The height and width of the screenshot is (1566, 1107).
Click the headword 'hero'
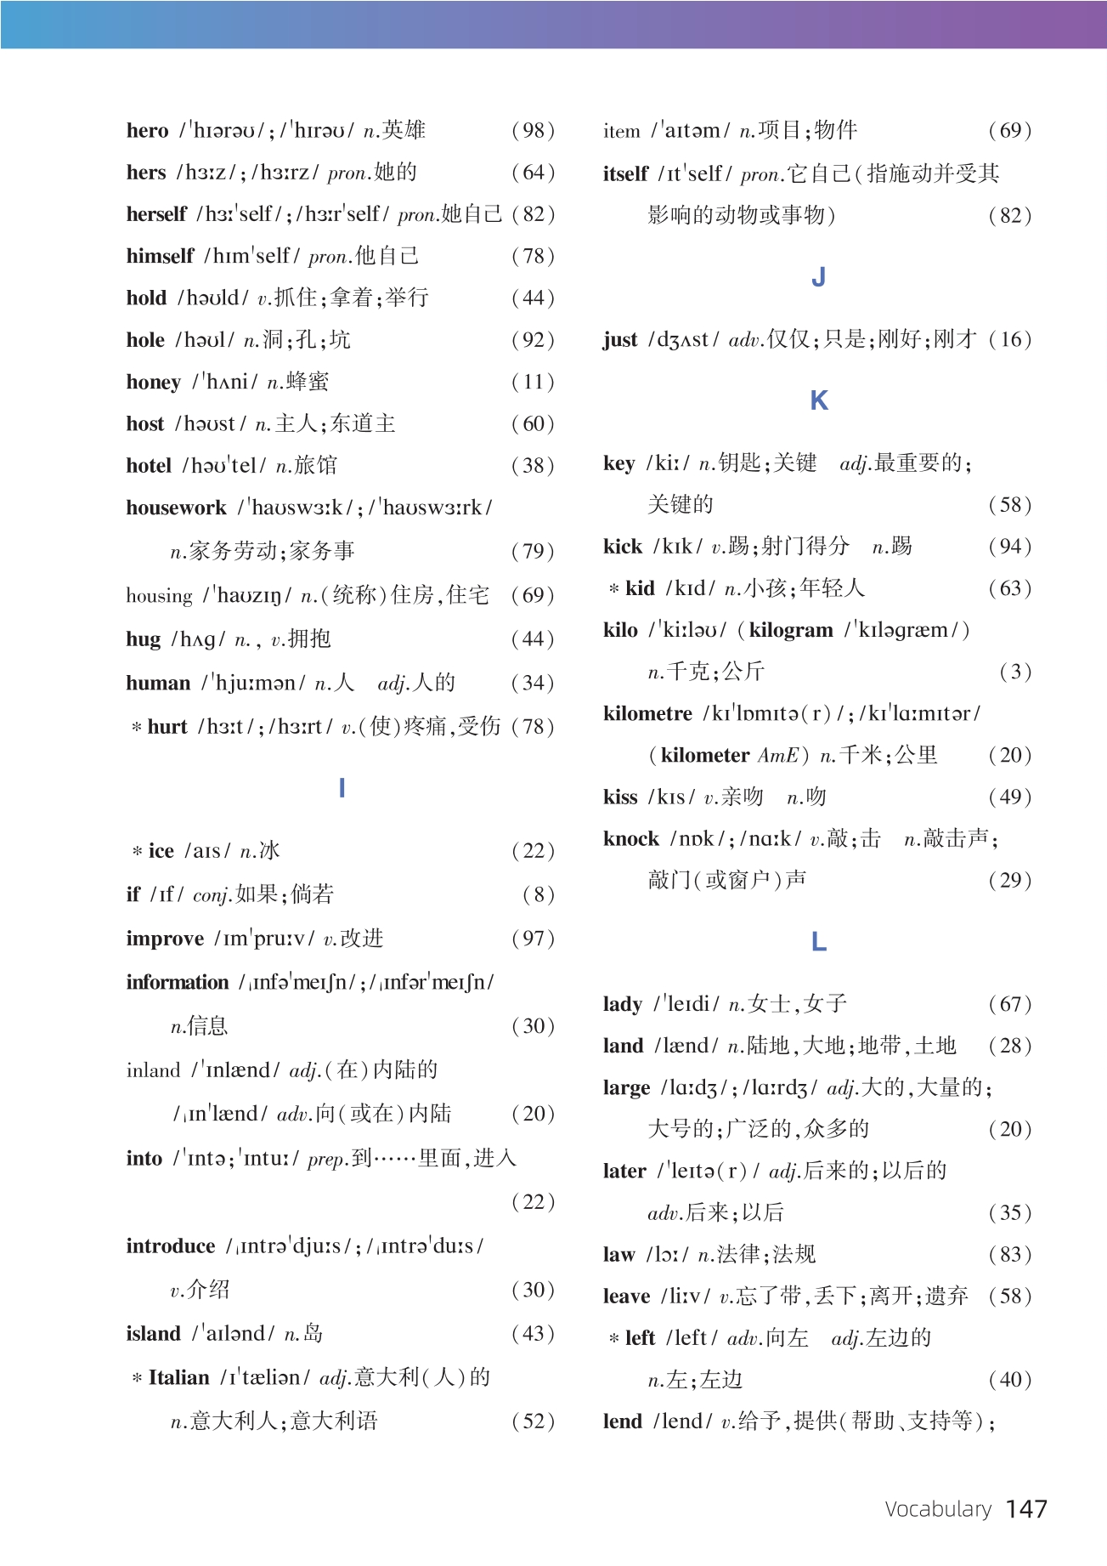[x=147, y=131]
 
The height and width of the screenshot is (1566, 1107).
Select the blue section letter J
[x=818, y=277]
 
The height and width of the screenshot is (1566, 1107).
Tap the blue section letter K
[x=818, y=400]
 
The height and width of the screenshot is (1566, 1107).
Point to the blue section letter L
[x=818, y=942]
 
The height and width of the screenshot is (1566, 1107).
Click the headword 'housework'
[x=176, y=508]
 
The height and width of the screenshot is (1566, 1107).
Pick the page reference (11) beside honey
[x=533, y=383]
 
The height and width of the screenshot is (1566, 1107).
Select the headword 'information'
[x=178, y=983]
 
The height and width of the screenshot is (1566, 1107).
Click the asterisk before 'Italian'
[x=136, y=1378]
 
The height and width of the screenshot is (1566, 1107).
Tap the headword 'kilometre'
[x=647, y=714]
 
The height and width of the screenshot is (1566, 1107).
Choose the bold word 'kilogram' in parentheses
[x=790, y=631]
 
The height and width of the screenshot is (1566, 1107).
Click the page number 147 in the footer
[x=1026, y=1509]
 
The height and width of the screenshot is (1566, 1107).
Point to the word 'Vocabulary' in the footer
[x=938, y=1509]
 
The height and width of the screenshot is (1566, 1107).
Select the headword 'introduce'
[x=170, y=1246]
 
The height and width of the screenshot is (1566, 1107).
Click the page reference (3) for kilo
[x=1015, y=672]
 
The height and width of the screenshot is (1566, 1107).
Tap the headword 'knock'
[x=630, y=839]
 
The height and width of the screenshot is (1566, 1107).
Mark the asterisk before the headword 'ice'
[x=136, y=851]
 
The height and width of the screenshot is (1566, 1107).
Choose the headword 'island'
[x=153, y=1334]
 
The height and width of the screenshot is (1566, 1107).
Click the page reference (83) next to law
[x=1009, y=1255]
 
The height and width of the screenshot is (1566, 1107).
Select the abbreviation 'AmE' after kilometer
[x=778, y=756]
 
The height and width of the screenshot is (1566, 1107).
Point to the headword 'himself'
[x=160, y=257]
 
